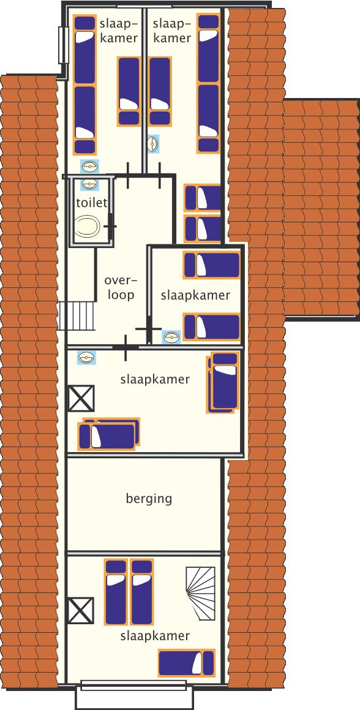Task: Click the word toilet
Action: [x=92, y=202]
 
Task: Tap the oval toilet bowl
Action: [x=87, y=227]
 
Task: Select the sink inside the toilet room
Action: [x=89, y=184]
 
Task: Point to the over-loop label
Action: [x=121, y=287]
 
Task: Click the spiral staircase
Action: [x=200, y=587]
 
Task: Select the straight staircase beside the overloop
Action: [x=77, y=316]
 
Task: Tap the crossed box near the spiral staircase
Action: [x=81, y=610]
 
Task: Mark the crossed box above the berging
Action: [x=81, y=398]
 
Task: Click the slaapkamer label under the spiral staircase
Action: [x=155, y=636]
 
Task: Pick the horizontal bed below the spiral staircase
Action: [x=186, y=663]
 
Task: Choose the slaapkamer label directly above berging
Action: [x=155, y=379]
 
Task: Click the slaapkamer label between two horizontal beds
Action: [x=196, y=295]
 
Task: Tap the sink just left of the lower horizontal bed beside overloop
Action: [x=171, y=337]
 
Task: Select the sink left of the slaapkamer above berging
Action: [x=86, y=358]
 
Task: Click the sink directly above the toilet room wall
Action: [x=89, y=166]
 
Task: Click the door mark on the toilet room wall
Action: [x=110, y=226]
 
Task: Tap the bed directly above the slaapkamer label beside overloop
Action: [x=211, y=265]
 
